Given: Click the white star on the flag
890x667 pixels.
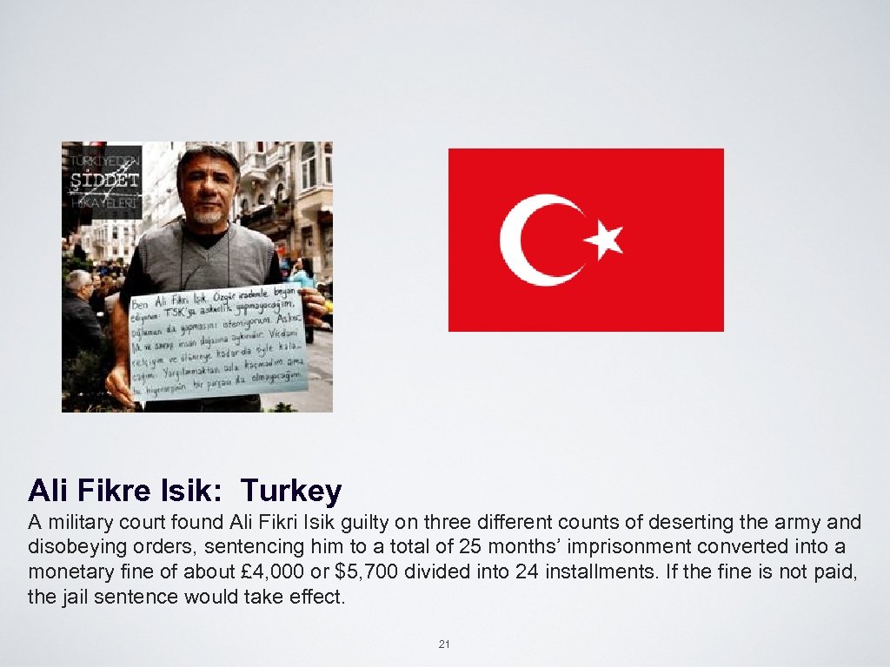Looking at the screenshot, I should (605, 238).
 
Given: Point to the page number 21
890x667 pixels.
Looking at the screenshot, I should (444, 644).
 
